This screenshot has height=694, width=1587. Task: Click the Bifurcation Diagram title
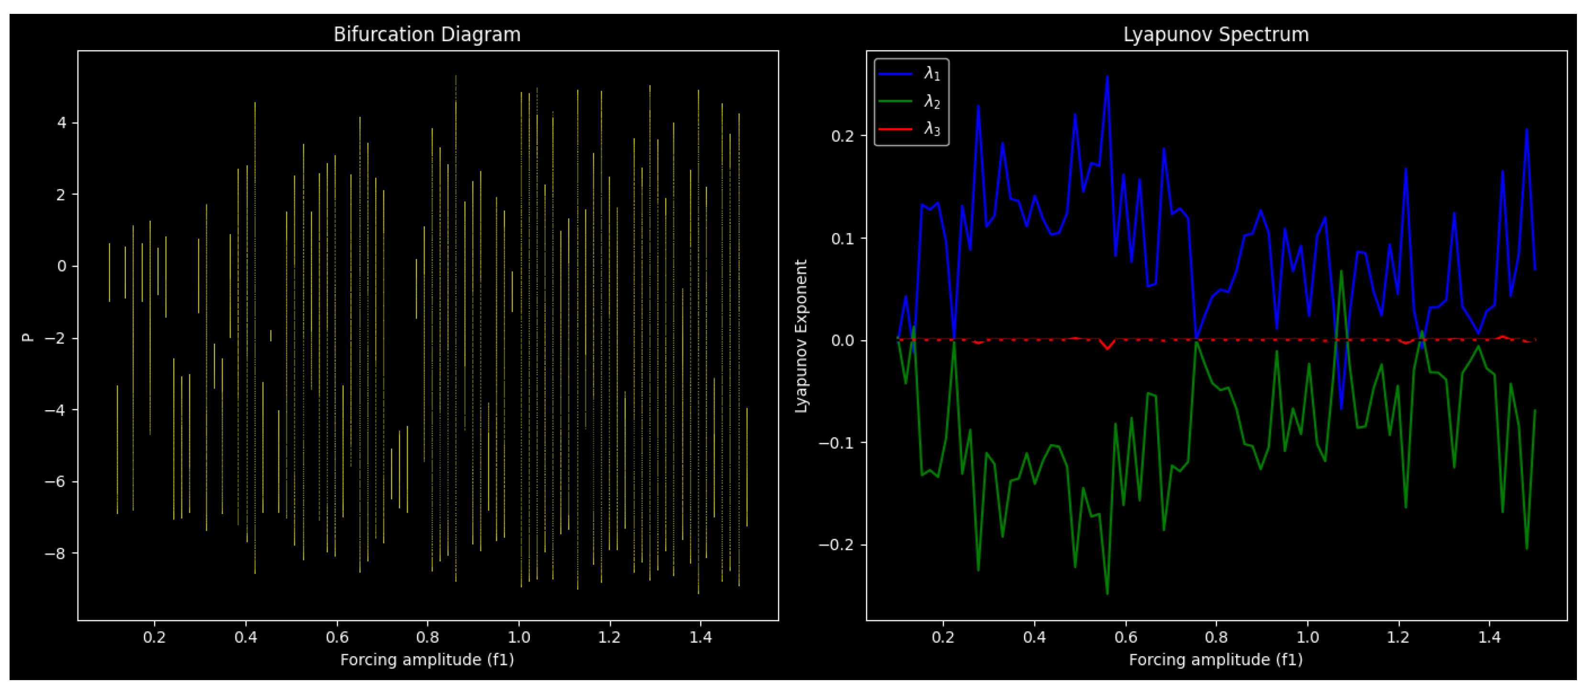[427, 34]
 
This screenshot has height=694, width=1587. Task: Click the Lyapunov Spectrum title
[1216, 34]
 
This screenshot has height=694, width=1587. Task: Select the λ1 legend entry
[931, 74]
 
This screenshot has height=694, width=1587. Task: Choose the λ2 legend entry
[931, 101]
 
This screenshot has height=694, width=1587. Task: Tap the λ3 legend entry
[931, 129]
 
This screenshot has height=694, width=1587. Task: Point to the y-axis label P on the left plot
[27, 337]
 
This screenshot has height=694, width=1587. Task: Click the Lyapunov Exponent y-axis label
[800, 336]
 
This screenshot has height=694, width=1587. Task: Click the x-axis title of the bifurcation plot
[427, 660]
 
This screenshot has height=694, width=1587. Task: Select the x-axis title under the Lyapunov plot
[1216, 660]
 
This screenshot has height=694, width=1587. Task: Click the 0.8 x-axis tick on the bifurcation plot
[427, 637]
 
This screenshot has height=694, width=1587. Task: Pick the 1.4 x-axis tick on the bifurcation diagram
[701, 637]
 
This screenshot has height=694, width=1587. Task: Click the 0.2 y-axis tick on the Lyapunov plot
[842, 135]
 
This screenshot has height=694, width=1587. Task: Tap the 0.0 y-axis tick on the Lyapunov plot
[842, 340]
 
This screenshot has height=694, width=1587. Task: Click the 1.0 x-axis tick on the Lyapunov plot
[1308, 637]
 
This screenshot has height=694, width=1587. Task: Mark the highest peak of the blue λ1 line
[1107, 77]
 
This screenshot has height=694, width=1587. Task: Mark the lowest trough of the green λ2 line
[1107, 594]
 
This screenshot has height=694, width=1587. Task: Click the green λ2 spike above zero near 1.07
[1341, 271]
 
